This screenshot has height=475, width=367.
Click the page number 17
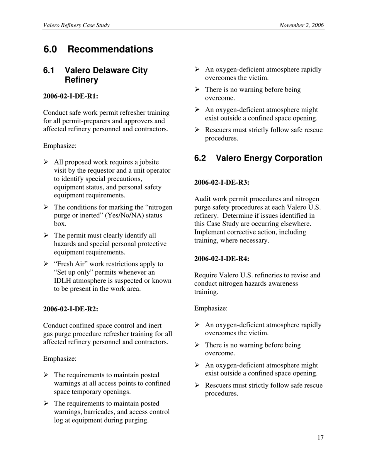point(320,438)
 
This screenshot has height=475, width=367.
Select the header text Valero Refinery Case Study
point(76,25)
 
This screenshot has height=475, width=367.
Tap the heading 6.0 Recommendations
point(98,49)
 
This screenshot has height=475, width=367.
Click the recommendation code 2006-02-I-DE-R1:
point(71,96)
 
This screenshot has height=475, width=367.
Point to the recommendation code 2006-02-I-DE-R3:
point(222,182)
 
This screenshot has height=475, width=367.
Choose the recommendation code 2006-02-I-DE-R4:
point(222,259)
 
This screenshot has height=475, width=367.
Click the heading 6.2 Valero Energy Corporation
point(258,158)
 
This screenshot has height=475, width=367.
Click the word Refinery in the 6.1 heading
point(81,80)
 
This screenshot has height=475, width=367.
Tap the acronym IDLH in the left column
point(63,281)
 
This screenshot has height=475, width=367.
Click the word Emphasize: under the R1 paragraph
point(60,146)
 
